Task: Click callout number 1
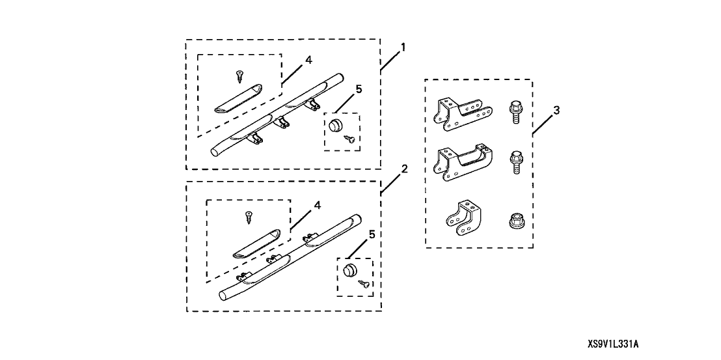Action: (403, 48)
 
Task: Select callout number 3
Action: (556, 111)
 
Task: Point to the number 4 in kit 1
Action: (308, 59)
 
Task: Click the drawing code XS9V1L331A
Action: (617, 343)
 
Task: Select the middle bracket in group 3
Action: (459, 161)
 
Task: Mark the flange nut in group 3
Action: (514, 221)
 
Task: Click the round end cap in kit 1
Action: (335, 125)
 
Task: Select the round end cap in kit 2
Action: (351, 270)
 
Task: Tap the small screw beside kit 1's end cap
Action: (351, 137)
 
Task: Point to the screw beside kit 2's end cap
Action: (366, 283)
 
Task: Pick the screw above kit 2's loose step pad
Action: (248, 216)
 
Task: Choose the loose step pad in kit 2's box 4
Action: (256, 244)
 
